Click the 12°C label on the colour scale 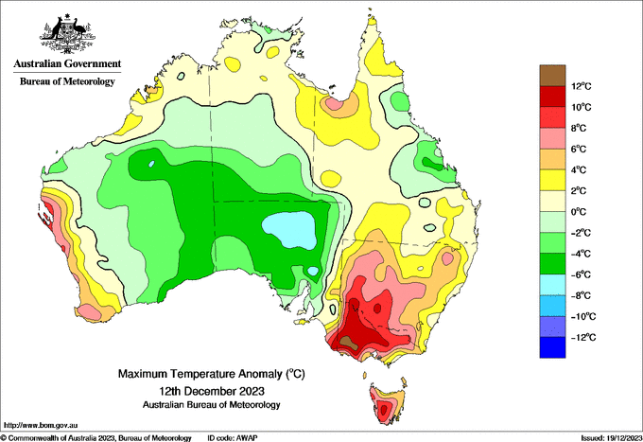[x=582, y=86]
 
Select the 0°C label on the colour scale [x=579, y=212]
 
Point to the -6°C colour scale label [x=581, y=274]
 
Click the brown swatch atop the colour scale [x=552, y=76]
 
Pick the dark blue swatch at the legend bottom [x=552, y=347]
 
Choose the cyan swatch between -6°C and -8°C [x=552, y=285]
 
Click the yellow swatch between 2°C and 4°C [x=552, y=180]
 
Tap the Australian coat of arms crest [x=67, y=34]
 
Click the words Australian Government [x=67, y=63]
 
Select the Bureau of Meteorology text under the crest [x=67, y=81]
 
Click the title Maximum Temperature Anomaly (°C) [x=212, y=374]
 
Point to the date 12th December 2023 [x=212, y=390]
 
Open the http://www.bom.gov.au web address [x=40, y=425]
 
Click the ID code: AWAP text [x=233, y=438]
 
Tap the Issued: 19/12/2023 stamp [x=611, y=438]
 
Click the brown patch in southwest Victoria [x=348, y=342]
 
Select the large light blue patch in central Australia [x=290, y=229]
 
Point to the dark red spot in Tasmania [x=384, y=410]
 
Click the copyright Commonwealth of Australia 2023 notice [x=96, y=438]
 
